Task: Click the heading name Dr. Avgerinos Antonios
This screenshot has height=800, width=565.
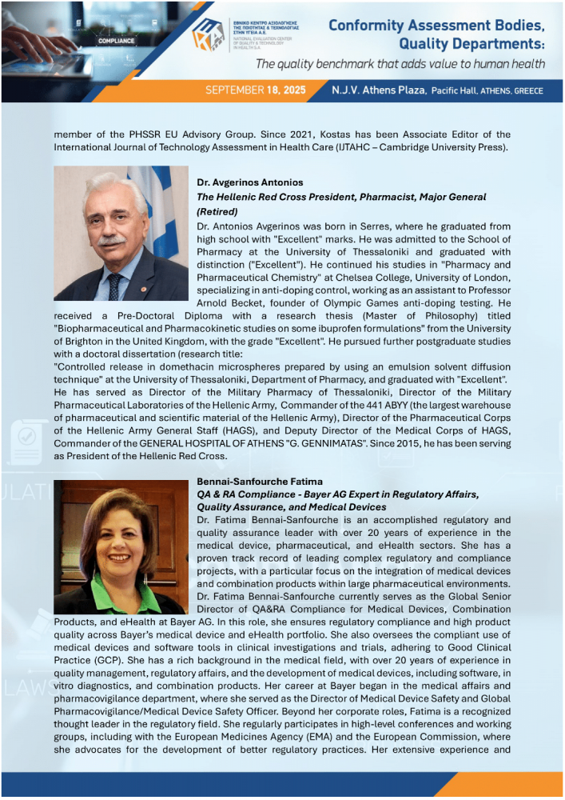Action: click(x=249, y=182)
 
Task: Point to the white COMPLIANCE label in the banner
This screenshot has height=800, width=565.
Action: click(x=116, y=38)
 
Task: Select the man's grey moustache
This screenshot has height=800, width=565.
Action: click(x=111, y=239)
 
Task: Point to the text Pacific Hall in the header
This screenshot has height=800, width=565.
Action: click(x=455, y=91)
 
